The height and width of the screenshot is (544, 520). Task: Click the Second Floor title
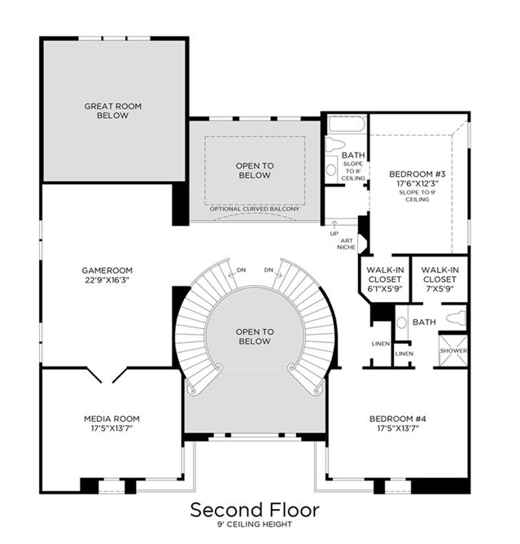[x=255, y=511]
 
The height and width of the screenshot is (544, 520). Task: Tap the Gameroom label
[x=107, y=270]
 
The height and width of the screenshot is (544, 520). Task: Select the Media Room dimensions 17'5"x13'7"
[x=112, y=428]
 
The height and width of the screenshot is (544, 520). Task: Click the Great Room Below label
[x=113, y=111]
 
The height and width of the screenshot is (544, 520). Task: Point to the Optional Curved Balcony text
[x=255, y=208]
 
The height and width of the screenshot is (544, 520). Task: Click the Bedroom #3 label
[x=417, y=173]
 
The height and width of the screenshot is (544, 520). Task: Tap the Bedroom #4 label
[x=398, y=419]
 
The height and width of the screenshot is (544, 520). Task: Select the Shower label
[x=453, y=351]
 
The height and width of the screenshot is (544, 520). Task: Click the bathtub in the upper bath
[x=347, y=125]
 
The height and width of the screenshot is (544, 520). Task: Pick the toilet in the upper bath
[x=335, y=144]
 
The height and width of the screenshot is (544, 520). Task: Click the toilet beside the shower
[x=456, y=318]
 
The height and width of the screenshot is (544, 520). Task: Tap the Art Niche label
[x=347, y=243]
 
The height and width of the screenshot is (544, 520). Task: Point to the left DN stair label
[x=241, y=270]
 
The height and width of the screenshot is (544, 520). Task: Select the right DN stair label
[x=269, y=270]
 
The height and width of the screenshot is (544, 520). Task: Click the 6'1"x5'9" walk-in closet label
[x=385, y=279]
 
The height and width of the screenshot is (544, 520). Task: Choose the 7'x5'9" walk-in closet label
[x=440, y=279]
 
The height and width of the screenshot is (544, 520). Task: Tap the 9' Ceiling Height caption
[x=255, y=524]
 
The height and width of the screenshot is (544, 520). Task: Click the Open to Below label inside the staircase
[x=255, y=336]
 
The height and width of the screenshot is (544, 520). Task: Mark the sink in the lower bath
[x=401, y=323]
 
